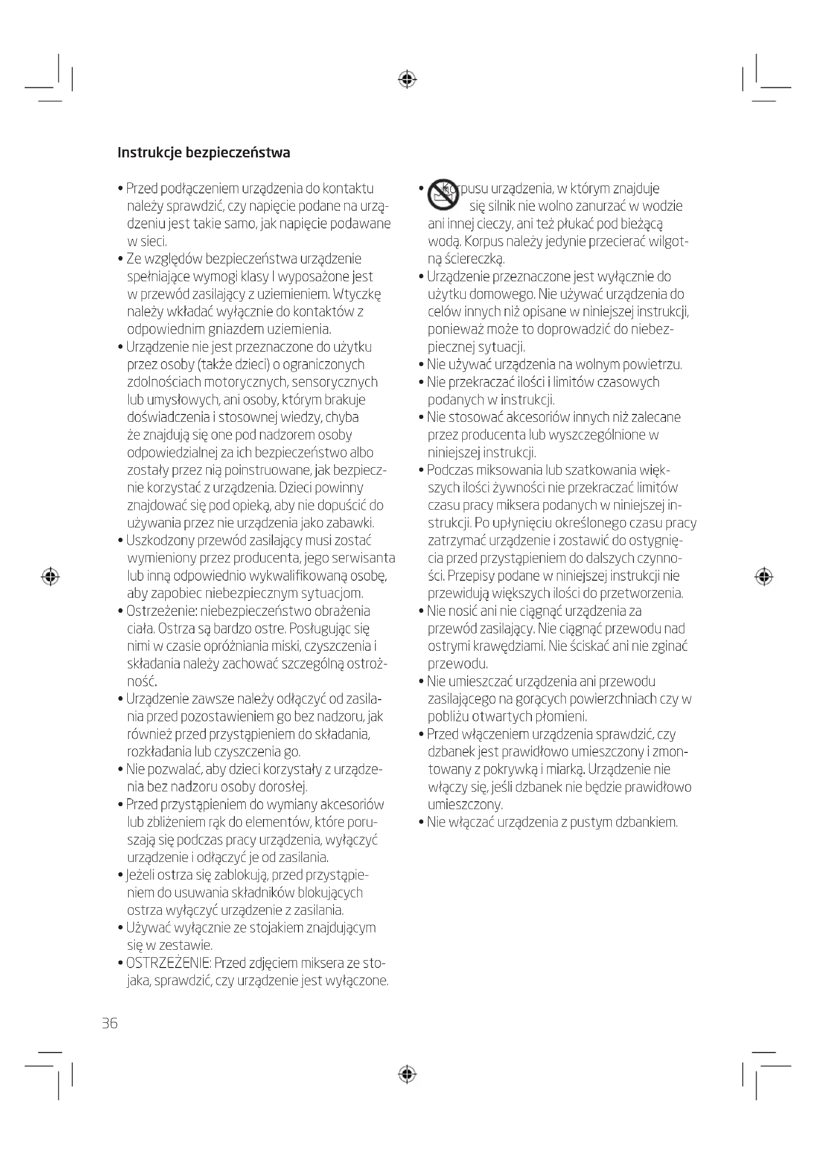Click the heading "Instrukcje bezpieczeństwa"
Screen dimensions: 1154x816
203,153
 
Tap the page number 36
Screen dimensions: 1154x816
110,1023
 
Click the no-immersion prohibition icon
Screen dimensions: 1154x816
443,194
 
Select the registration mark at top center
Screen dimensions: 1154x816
407,79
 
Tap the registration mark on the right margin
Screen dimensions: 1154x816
764,577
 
